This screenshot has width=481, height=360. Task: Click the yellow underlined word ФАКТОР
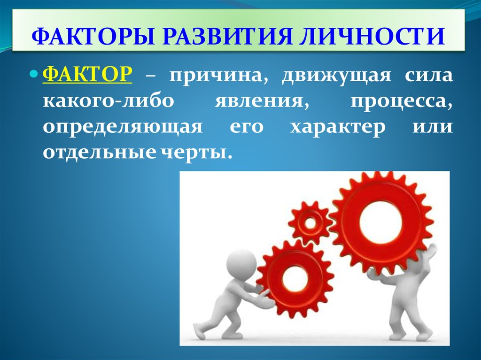pyautogui.click(x=87, y=75)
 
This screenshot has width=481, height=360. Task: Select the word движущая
pyautogui.click(x=336, y=76)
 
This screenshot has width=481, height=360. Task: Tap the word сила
pyautogui.click(x=428, y=76)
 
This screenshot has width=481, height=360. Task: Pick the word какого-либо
pyautogui.click(x=109, y=101)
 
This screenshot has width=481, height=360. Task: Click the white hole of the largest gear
pyautogui.click(x=380, y=222)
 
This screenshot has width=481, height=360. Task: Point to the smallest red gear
pyautogui.click(x=310, y=222)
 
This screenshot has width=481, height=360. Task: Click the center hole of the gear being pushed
pyautogui.click(x=295, y=279)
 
